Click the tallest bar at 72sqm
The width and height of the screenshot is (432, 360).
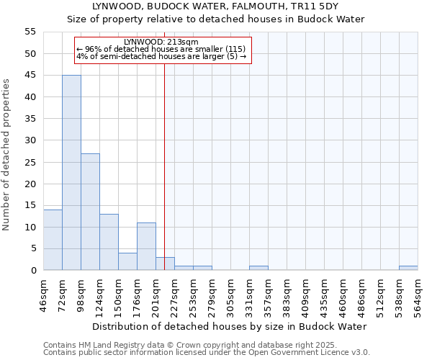71,173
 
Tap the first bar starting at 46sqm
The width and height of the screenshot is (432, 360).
53,240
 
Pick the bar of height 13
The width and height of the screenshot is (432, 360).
109,242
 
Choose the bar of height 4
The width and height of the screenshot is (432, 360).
127,261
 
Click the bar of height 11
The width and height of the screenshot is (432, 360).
146,246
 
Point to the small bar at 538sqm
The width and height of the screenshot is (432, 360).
408,268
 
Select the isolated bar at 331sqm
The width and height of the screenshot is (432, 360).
258,268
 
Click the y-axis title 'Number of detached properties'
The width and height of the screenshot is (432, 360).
6,155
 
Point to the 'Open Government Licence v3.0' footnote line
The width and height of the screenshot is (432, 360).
207,353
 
